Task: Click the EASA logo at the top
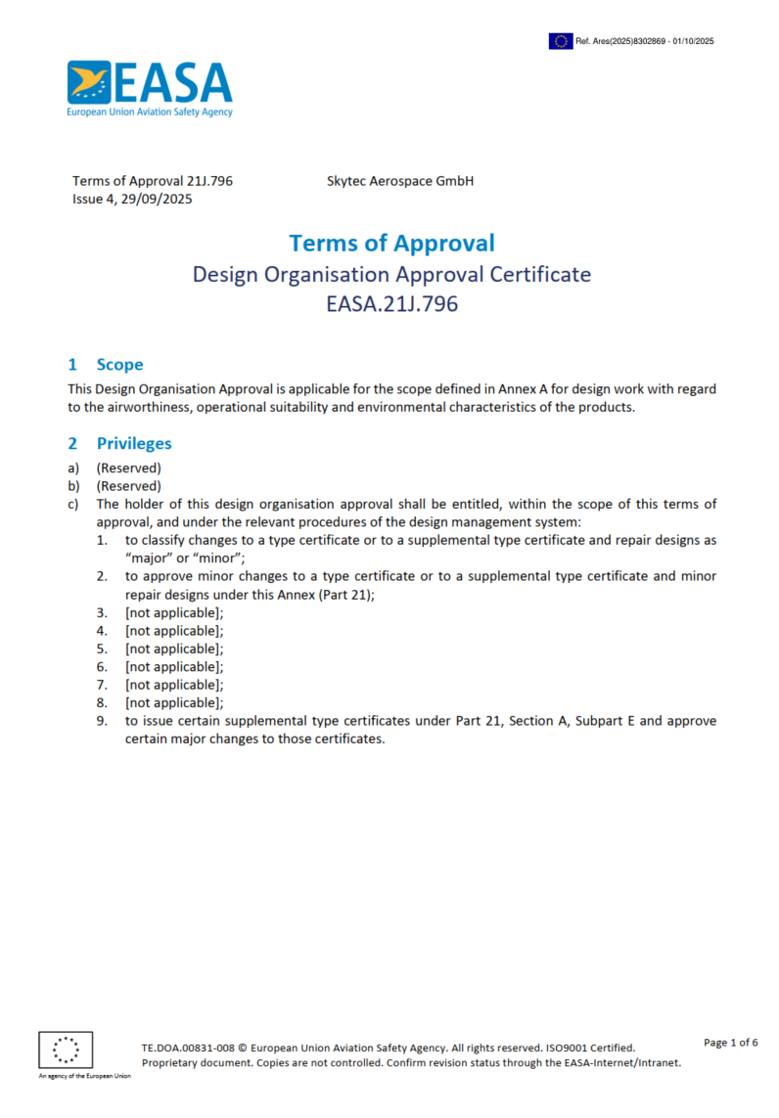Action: point(150,89)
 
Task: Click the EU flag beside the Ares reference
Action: point(561,41)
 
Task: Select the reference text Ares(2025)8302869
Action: point(636,41)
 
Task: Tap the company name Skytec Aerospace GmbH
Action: point(399,181)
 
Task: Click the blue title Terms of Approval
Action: point(391,243)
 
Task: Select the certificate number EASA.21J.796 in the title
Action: point(391,304)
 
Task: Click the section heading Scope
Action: point(119,365)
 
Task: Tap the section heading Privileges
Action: point(134,444)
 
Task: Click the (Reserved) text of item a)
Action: point(128,469)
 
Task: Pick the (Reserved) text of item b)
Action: point(128,486)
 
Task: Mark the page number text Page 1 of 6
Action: point(731,1043)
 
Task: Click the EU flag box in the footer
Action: point(66,1051)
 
